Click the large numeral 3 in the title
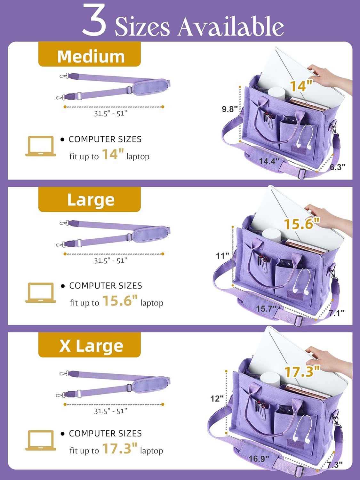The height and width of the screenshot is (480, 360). (94, 20)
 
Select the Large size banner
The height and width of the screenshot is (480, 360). (90, 200)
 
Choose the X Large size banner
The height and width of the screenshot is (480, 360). (90, 346)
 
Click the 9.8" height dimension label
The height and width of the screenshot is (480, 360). (230, 109)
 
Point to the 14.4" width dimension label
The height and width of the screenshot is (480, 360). (269, 161)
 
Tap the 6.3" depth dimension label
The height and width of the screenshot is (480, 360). (337, 167)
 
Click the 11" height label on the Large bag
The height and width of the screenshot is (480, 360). (222, 256)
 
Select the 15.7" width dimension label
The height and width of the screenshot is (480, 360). (266, 309)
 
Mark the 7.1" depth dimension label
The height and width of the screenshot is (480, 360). (337, 313)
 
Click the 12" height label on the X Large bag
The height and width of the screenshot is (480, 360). (217, 398)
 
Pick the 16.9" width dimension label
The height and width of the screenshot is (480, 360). (259, 459)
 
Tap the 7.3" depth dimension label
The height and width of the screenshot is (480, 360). (335, 464)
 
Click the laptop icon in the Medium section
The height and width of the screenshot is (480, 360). (41, 147)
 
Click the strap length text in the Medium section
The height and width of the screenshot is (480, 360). (110, 113)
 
